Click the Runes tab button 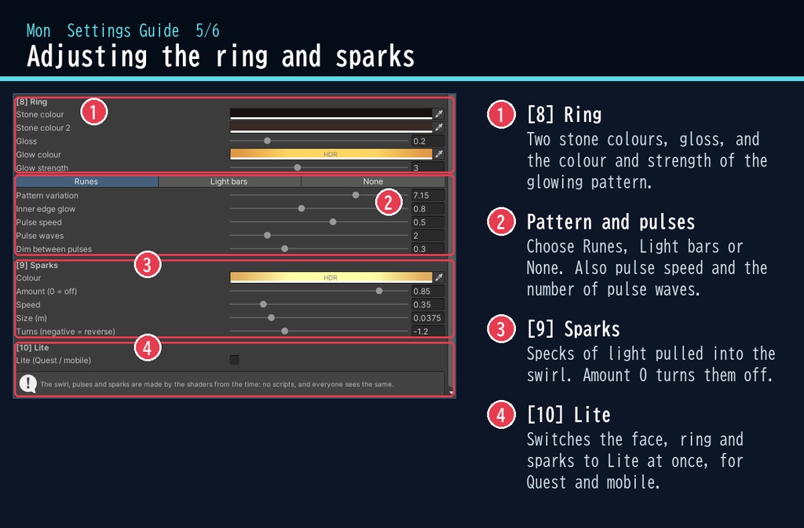coord(86,181)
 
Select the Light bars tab coord(229,181)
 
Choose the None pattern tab coord(373,181)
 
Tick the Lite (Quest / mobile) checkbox coord(234,360)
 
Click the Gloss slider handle coord(267,141)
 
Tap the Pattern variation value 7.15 coord(428,196)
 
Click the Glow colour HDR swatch coord(331,154)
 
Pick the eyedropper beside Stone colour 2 coord(439,127)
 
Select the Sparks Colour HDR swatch coord(331,277)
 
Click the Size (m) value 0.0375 coord(428,318)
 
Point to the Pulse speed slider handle coord(333,222)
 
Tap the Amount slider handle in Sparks coord(379,291)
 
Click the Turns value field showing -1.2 coord(428,332)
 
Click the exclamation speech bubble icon coord(27,383)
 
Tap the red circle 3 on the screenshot coord(148,265)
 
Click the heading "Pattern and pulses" coord(611,222)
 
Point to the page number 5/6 coord(207,31)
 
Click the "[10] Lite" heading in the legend coord(569,415)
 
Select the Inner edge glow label coord(46,209)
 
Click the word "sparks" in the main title coord(375,57)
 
